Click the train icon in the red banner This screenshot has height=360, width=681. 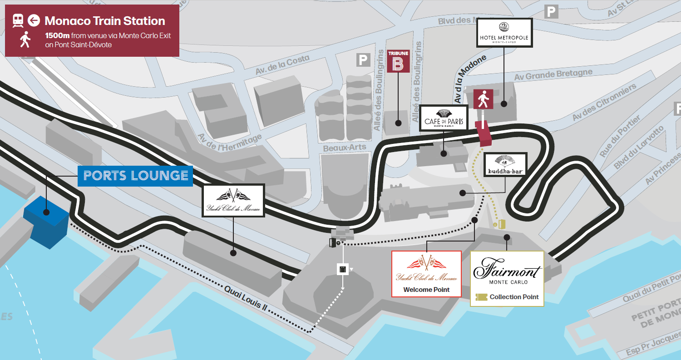[x=18, y=20]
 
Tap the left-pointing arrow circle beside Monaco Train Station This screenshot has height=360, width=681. [x=33, y=20]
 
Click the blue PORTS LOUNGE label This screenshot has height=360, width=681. [x=135, y=176]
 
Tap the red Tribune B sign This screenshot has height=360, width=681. [x=398, y=61]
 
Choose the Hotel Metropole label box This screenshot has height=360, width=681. [x=504, y=33]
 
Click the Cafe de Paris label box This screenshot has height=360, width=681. [x=444, y=118]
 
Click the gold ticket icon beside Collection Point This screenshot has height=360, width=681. [x=481, y=297]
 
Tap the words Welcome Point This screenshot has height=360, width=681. [x=426, y=290]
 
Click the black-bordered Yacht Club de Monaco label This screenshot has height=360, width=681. [x=233, y=200]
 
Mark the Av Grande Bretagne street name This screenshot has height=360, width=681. [x=553, y=74]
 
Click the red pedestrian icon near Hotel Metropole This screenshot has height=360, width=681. [x=483, y=99]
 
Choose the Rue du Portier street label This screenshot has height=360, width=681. [x=620, y=137]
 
